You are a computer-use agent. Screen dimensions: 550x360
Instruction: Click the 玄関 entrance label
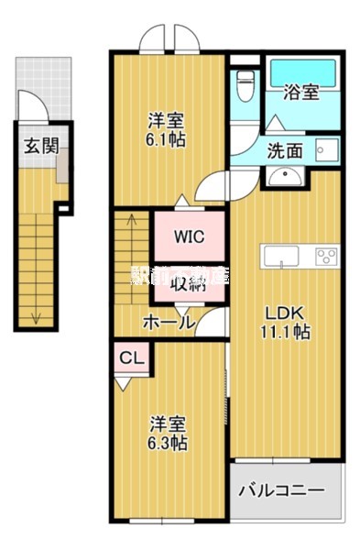37,145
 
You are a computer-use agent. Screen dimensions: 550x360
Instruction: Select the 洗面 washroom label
284,150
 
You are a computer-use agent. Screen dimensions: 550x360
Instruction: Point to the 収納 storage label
188,282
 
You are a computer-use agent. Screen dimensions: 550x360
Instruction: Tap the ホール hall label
169,323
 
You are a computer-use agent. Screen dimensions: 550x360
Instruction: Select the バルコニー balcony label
281,490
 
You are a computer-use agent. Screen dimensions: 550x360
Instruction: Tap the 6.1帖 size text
168,141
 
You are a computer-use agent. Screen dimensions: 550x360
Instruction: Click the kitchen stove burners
325,254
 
